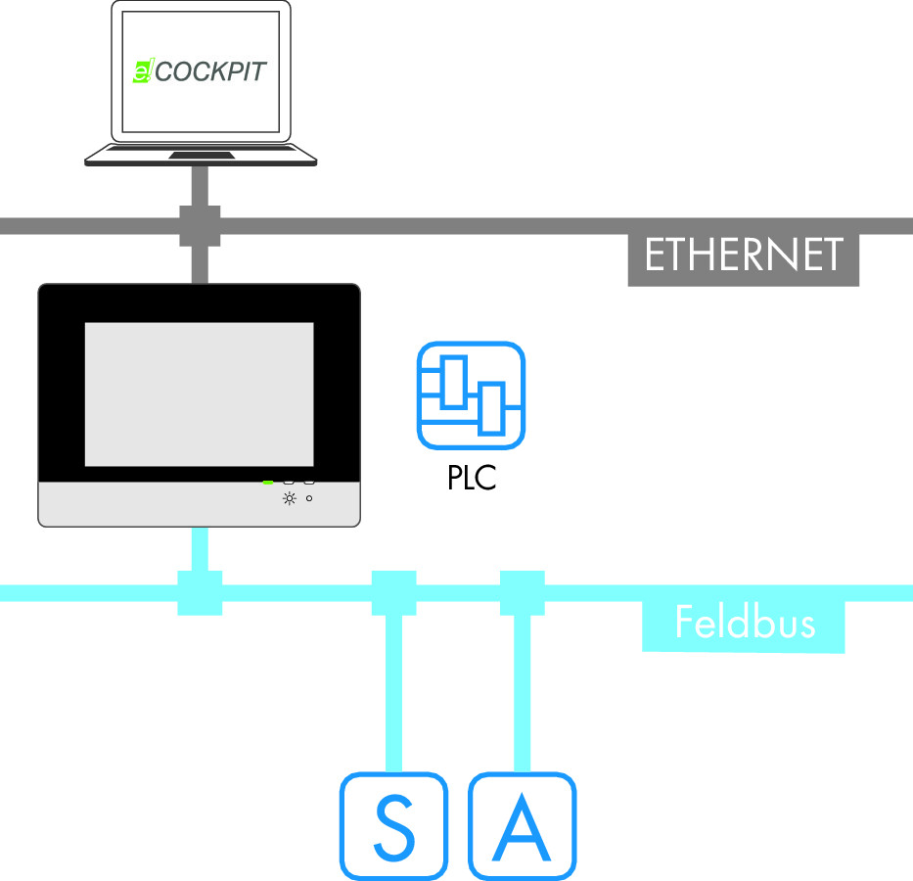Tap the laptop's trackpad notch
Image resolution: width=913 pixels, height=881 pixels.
pos(201,155)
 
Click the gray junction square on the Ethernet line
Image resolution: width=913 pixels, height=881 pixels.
pos(200,226)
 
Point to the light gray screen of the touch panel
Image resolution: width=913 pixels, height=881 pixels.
pos(199,394)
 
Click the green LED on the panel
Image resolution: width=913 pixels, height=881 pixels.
pos(267,482)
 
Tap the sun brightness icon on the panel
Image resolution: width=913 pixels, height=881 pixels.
pos(289,498)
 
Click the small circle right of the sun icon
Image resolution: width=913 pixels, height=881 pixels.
pos(309,498)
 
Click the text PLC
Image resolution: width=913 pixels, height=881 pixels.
pos(471,479)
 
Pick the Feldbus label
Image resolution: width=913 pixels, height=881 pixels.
pos(744,622)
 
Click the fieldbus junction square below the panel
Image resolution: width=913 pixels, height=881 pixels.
pos(200,593)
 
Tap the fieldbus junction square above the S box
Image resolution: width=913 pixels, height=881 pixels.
pos(394,593)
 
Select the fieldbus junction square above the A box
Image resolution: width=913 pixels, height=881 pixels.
pos(522,593)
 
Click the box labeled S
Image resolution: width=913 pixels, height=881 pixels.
pos(393,825)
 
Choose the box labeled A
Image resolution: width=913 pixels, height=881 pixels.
pos(522,825)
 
